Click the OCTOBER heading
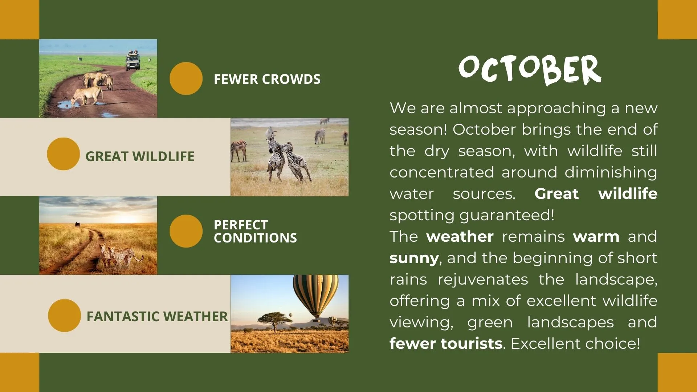tap(530, 70)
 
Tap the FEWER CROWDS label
tap(267, 79)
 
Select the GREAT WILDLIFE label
tap(140, 156)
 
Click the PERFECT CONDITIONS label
tap(255, 231)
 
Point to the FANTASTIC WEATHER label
tap(157, 317)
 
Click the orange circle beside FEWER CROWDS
tap(186, 78)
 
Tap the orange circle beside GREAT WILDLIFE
tap(63, 154)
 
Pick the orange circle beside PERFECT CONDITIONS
tap(186, 231)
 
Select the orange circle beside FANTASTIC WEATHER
tap(64, 315)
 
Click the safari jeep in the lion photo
tap(133, 61)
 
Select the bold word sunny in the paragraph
tap(414, 258)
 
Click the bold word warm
tap(596, 237)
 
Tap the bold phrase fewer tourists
tap(446, 343)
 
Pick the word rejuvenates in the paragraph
tap(483, 280)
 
